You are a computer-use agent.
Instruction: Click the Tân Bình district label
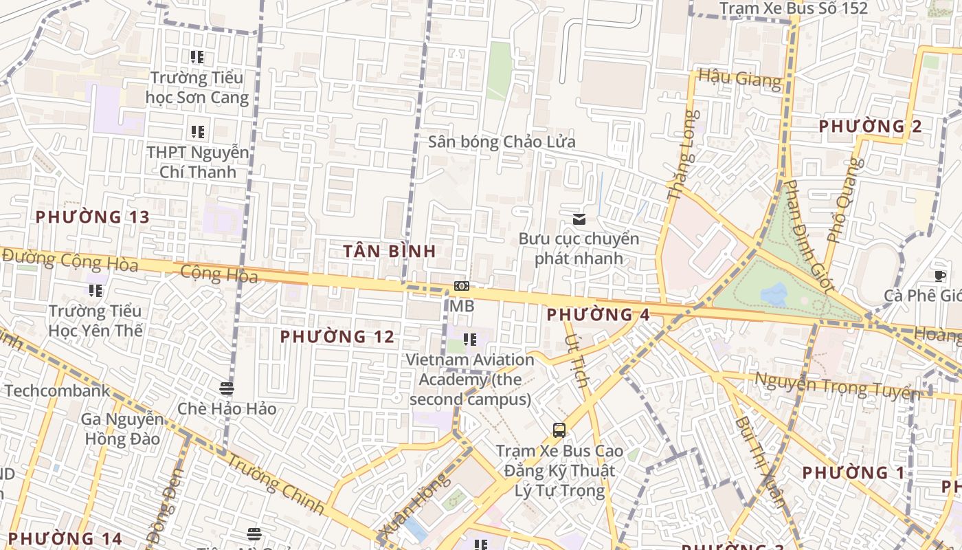pos(390,251)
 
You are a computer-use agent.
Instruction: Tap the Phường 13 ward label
pos(92,217)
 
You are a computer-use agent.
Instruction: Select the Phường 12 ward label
pos(337,337)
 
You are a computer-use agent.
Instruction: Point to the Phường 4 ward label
pos(598,315)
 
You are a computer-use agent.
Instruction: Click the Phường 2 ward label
pos(871,126)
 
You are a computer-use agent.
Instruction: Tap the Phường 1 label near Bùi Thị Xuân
pos(853,473)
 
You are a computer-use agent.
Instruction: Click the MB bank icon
pos(462,286)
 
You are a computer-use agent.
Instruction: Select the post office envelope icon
pos(579,219)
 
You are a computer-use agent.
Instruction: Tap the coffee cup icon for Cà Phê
pos(939,276)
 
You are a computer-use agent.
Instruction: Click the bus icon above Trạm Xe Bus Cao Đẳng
pos(559,430)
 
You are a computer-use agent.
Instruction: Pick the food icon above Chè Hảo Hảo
pos(227,388)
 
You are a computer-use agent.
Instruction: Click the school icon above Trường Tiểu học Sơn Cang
pos(197,57)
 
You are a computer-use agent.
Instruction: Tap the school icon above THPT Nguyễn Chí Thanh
pos(197,131)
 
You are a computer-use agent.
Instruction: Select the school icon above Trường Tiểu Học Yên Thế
pos(96,291)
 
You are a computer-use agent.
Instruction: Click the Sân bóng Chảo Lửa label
pos(502,142)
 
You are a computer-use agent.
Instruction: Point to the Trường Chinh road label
pos(275,484)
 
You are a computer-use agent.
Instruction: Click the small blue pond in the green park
pos(774,295)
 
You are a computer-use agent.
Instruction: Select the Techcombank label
pos(57,391)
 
